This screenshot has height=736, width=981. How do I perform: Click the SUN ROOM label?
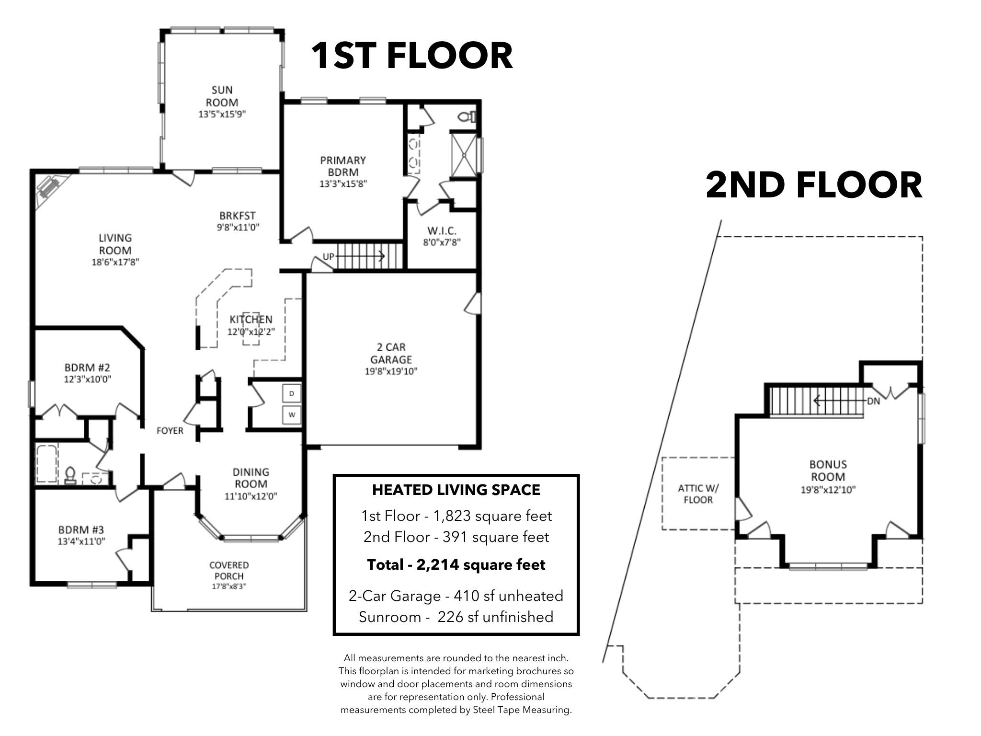(x=222, y=96)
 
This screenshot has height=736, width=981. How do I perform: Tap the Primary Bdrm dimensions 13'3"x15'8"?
(x=343, y=184)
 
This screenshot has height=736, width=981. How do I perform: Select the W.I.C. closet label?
(x=442, y=231)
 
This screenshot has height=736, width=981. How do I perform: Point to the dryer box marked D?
(x=292, y=394)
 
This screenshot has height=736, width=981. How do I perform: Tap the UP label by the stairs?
(x=328, y=257)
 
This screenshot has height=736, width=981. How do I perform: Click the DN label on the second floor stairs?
(x=873, y=401)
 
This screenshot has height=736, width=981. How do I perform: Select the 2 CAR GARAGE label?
(x=391, y=353)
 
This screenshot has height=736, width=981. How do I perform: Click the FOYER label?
(x=170, y=431)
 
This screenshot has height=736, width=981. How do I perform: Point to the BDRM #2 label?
(x=87, y=368)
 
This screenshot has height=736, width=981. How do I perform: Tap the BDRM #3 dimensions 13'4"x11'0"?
(x=81, y=541)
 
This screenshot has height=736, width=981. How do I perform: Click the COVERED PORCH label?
(x=229, y=571)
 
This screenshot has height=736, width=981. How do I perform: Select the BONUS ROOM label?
(x=828, y=471)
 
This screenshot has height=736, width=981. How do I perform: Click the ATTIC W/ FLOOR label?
(x=698, y=494)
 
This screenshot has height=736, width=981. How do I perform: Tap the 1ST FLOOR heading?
(x=412, y=56)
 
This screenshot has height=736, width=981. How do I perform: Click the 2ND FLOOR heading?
(x=814, y=185)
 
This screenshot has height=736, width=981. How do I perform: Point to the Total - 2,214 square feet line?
(x=456, y=565)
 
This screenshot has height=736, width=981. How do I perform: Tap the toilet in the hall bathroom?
(x=70, y=475)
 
